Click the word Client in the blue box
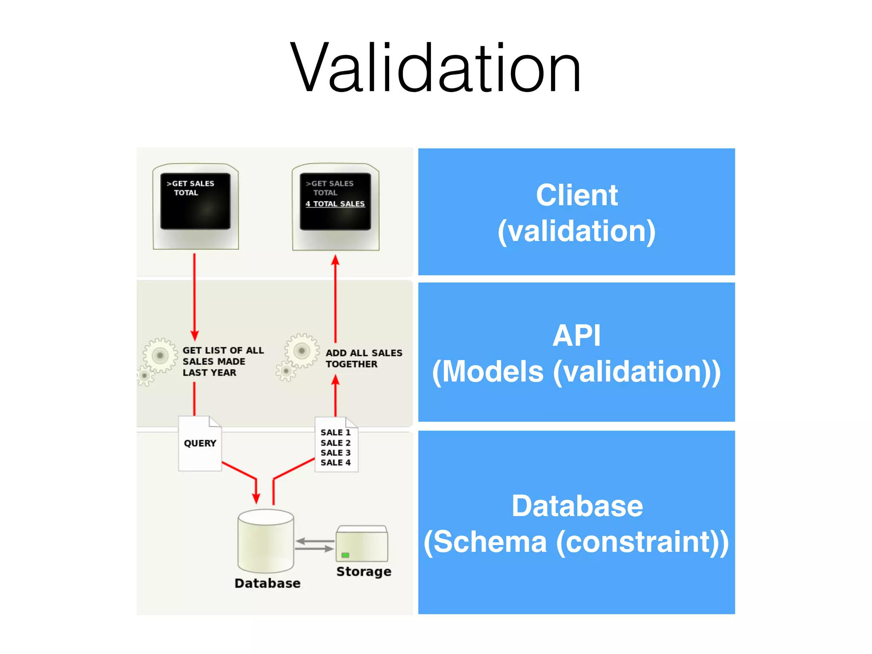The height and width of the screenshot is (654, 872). [x=577, y=195]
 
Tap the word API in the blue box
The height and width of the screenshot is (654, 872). [x=577, y=336]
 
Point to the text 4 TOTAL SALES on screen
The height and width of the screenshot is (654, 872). [x=335, y=204]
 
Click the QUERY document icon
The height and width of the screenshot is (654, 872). [x=200, y=444]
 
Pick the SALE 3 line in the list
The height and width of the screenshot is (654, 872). [x=336, y=453]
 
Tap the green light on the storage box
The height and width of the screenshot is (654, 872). [x=345, y=555]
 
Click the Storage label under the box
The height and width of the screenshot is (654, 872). [x=364, y=571]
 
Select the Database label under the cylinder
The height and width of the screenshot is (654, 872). [x=267, y=583]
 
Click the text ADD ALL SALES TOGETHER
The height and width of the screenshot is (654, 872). [x=363, y=359]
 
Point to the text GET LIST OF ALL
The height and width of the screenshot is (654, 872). [x=223, y=350]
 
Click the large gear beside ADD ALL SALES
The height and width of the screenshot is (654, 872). [x=301, y=351]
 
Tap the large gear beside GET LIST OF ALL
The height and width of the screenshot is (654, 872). [x=160, y=355]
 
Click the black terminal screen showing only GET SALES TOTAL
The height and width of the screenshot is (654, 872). [x=195, y=201]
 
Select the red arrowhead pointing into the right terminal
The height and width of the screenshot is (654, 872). [x=336, y=260]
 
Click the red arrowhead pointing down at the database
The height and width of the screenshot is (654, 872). [x=256, y=498]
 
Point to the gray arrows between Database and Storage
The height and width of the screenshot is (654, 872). [x=315, y=545]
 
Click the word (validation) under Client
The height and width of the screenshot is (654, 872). [x=577, y=231]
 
